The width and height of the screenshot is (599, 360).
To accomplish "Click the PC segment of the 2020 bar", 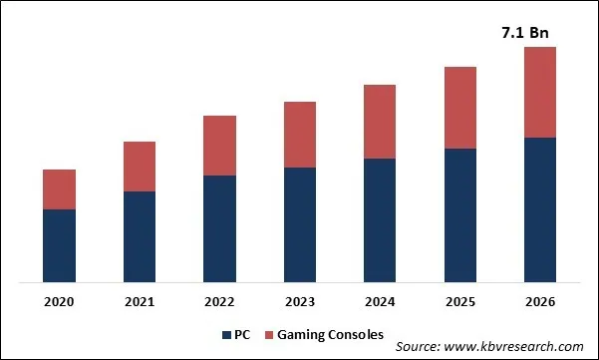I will coord(60,245).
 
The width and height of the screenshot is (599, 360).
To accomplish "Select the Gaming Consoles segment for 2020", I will coord(60,189).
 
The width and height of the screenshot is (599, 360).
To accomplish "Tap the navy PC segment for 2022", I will coord(219,228).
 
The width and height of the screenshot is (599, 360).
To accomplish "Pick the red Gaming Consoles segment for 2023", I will coord(300,135).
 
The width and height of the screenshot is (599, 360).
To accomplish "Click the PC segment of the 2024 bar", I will coord(380,219).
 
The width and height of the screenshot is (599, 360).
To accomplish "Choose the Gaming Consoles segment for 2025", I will coord(459,108).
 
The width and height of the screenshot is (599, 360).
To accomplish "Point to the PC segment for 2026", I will coord(539,209).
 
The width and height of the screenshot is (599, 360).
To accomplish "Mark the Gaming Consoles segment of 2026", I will coord(539,92).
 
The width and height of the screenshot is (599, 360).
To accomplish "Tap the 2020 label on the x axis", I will coord(60,301).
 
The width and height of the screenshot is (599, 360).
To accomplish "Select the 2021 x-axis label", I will coord(140,301).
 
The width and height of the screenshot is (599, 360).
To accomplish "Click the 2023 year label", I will coord(300,301).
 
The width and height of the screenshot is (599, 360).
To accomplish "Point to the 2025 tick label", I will coord(459,301).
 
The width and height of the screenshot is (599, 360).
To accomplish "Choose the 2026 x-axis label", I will coord(539,301).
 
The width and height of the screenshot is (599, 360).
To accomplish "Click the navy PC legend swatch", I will coord(224,334).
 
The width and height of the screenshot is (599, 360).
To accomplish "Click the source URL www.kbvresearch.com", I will coord(519,345).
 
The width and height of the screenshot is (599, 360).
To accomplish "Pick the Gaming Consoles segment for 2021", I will coord(140,167).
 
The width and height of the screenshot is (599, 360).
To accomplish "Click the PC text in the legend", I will coord(241,334).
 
